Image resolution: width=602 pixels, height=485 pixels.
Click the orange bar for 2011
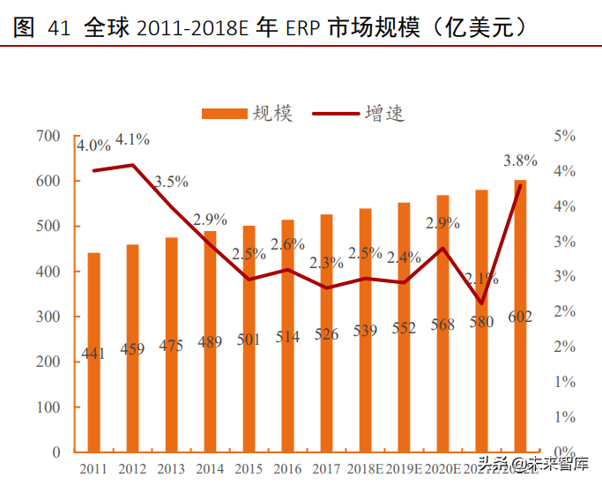click(x=93, y=353)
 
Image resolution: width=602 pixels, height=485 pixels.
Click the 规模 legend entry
click(x=248, y=113)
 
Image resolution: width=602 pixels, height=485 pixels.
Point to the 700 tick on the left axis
click(x=48, y=136)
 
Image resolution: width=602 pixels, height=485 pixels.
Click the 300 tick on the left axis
click(x=48, y=317)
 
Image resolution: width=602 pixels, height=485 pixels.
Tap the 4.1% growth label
click(x=132, y=139)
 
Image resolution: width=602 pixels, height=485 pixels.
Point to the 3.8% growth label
click(x=520, y=160)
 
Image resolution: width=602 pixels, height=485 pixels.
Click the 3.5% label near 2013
click(x=171, y=182)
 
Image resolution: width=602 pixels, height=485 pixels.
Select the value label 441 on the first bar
click(x=93, y=354)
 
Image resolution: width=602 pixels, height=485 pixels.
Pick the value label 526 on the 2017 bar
click(x=326, y=335)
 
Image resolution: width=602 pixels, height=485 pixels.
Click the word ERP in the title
click(x=303, y=28)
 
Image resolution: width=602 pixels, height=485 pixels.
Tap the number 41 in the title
click(x=58, y=28)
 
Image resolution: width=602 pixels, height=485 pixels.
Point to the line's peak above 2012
click(x=132, y=165)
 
